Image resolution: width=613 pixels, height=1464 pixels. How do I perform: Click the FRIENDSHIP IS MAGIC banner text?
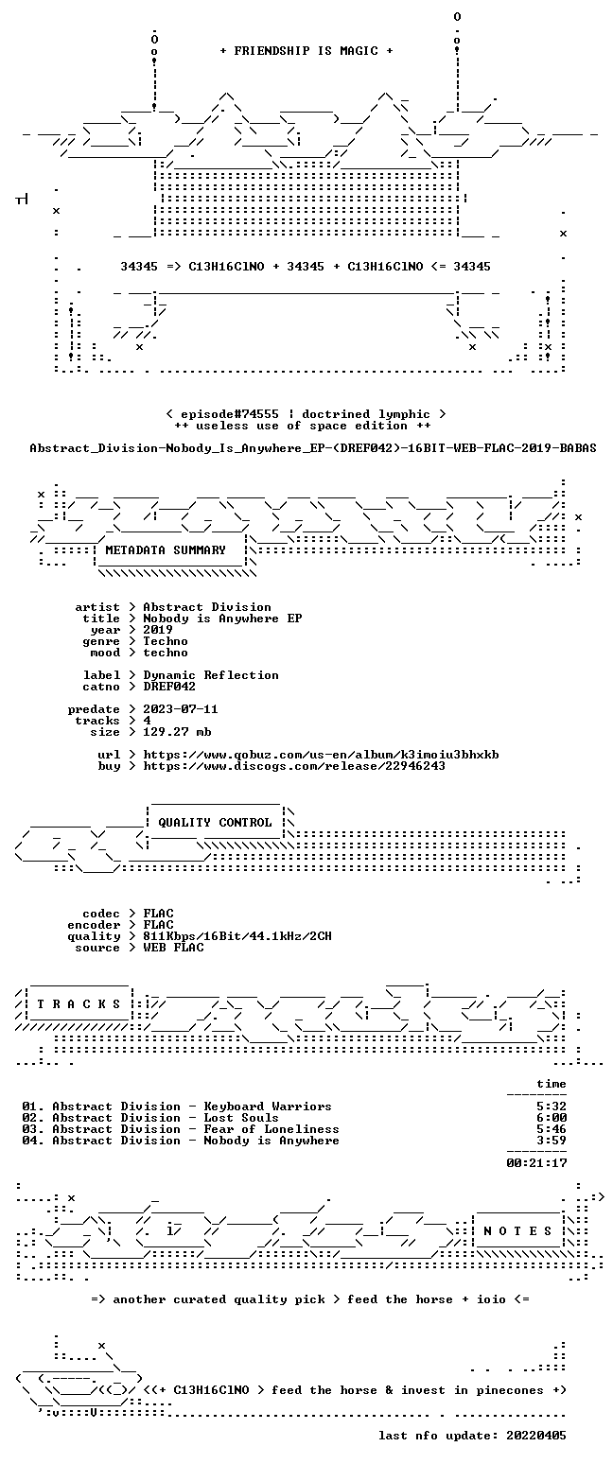point(306,51)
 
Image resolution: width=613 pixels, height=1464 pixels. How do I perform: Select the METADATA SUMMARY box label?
point(166,550)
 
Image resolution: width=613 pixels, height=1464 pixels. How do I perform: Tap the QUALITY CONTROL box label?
point(215,823)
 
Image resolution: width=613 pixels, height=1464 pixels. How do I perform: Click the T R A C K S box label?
point(79,1004)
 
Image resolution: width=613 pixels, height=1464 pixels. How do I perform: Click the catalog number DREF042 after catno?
point(169,687)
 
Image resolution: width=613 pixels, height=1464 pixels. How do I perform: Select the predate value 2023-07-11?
point(181,710)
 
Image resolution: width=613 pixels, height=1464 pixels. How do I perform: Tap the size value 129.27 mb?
point(177,733)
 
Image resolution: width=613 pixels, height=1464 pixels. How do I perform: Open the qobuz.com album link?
point(321,755)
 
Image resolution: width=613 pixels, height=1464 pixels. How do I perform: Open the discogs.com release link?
point(294,767)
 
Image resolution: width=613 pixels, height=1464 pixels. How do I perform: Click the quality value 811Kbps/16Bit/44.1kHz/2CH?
point(237,936)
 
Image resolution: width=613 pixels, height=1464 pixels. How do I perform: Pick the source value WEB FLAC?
point(173,949)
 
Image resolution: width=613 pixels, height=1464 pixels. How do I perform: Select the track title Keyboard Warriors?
point(268,1107)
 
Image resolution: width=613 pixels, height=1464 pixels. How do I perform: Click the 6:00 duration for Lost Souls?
point(552,1118)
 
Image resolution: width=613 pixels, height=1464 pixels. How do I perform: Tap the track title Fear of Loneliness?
point(271,1130)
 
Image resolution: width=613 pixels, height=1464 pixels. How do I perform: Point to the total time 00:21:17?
point(536,1164)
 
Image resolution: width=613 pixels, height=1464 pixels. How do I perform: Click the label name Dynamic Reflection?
point(211,676)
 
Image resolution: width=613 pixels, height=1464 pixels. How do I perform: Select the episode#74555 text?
point(229,415)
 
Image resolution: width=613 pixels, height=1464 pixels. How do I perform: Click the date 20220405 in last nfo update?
point(536,1436)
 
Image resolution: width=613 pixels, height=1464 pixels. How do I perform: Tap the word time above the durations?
point(552,1084)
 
